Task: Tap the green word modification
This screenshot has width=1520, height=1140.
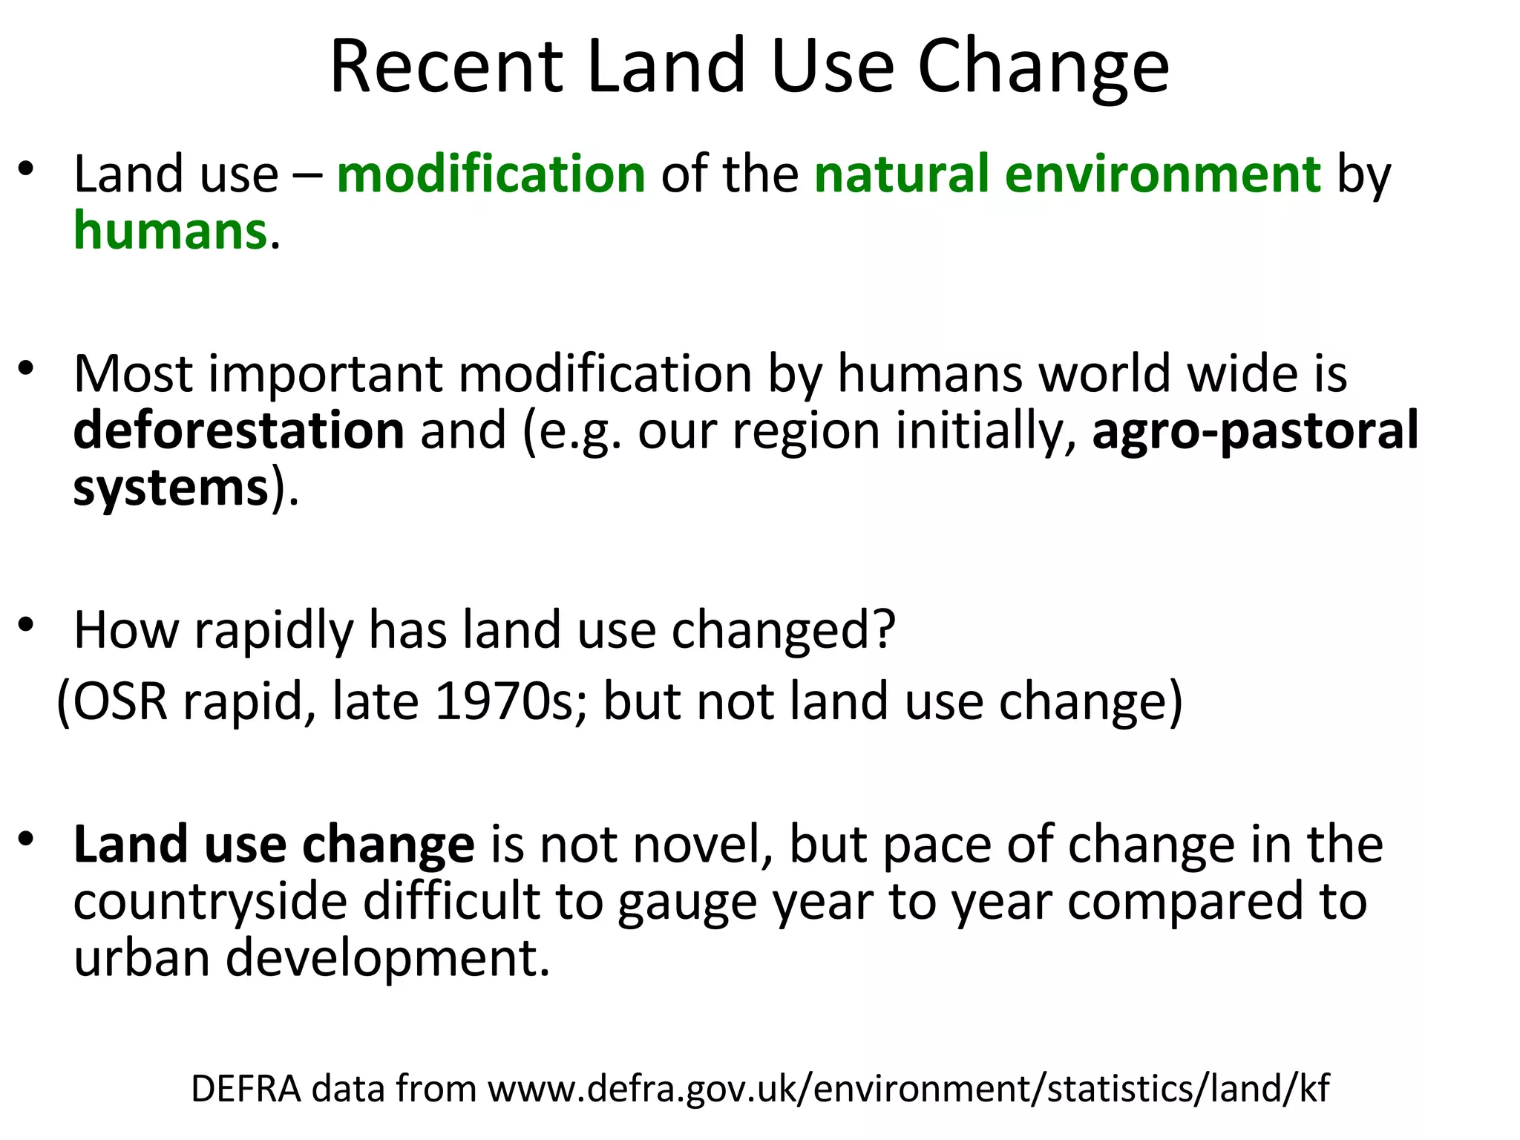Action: pyautogui.click(x=491, y=174)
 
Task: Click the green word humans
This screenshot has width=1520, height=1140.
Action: pyautogui.click(x=170, y=232)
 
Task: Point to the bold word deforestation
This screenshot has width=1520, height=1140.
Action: pyautogui.click(x=239, y=430)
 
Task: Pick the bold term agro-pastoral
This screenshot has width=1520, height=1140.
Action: pyautogui.click(x=1255, y=430)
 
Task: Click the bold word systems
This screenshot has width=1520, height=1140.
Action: pyautogui.click(x=171, y=488)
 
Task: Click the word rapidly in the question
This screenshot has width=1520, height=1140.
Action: pyautogui.click(x=273, y=631)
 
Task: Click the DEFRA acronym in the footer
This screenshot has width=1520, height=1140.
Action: pyautogui.click(x=246, y=1089)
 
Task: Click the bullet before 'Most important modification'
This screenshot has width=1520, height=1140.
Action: pyautogui.click(x=27, y=368)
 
